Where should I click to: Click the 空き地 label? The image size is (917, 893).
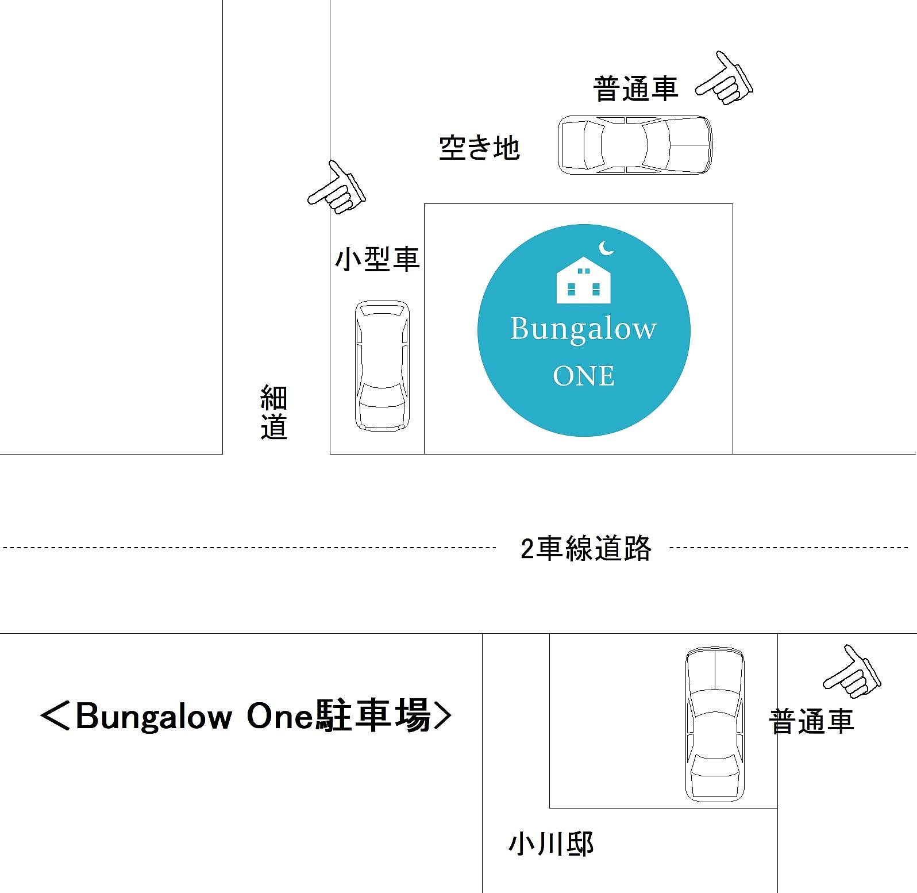479,148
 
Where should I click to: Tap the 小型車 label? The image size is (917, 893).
377,259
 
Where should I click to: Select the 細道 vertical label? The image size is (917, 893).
273,412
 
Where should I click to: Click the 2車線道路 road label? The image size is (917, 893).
585,548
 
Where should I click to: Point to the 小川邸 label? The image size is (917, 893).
550,844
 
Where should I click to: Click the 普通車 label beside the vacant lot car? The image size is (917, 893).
635,89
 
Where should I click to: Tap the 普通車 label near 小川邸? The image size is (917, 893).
811,722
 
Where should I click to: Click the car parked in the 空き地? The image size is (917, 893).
635,144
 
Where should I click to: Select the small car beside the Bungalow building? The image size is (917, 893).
382,365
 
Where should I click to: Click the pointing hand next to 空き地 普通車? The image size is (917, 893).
725,79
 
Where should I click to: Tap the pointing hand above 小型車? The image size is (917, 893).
337,188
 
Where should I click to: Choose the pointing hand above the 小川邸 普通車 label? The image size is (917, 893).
853,672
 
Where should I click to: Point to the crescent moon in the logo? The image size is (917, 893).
606,248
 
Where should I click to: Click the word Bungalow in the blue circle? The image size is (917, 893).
583,329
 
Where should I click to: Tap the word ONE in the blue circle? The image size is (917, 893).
584,376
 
